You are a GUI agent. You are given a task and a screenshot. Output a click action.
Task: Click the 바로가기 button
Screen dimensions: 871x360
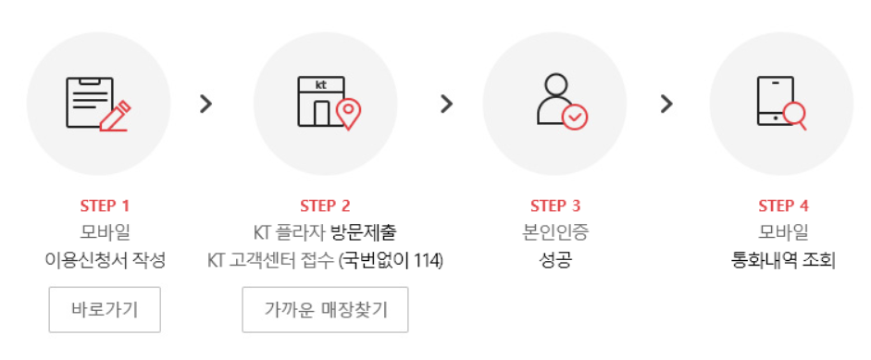click(105, 309)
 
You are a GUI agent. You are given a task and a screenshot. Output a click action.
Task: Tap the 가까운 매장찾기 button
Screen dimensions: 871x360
click(325, 309)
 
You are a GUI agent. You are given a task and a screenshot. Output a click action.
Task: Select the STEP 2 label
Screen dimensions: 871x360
click(325, 205)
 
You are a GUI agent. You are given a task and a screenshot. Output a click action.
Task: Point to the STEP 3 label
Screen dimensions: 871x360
click(555, 205)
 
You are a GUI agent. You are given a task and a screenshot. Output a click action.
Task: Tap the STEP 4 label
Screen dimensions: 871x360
click(783, 205)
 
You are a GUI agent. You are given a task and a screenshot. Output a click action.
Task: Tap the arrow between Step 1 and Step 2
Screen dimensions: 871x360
click(206, 104)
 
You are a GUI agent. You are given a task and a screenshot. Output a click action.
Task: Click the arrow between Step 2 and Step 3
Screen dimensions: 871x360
click(447, 104)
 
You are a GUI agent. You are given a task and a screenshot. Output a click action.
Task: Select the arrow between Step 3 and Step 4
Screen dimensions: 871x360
click(666, 104)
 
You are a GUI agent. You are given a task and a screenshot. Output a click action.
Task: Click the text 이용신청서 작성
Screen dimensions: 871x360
click(105, 260)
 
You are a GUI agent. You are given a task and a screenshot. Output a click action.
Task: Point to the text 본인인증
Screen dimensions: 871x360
click(555, 232)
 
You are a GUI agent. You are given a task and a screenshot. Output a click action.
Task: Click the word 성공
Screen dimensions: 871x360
click(555, 260)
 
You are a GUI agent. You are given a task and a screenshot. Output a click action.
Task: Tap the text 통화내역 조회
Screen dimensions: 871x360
click(783, 260)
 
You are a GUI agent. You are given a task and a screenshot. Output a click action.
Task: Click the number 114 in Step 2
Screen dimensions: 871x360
click(427, 260)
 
